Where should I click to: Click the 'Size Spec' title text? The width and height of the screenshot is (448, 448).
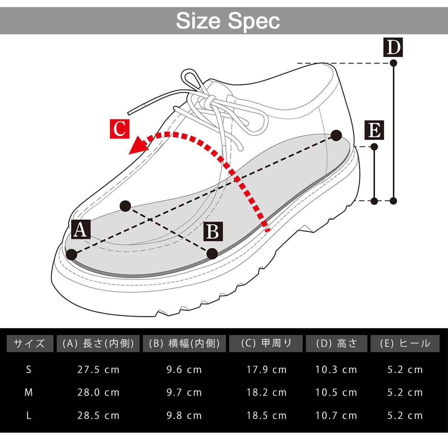click(228, 21)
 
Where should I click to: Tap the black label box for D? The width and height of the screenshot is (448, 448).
click(393, 47)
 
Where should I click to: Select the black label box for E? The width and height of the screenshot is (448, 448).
click(374, 130)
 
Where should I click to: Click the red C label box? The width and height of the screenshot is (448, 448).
click(119, 129)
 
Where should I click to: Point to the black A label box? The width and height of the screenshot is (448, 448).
click(81, 229)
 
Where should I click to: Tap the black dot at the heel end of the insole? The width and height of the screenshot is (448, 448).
click(336, 136)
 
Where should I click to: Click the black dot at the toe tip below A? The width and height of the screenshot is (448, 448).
click(71, 255)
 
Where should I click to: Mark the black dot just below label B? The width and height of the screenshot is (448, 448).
click(212, 254)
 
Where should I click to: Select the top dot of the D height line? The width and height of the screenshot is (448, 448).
click(393, 63)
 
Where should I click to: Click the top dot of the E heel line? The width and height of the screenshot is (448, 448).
click(374, 147)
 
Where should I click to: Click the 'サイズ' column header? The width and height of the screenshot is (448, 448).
click(29, 343)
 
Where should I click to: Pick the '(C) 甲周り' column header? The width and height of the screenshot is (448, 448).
click(266, 343)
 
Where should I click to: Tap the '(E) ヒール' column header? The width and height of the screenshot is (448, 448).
click(405, 343)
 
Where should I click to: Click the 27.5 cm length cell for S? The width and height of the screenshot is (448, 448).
click(98, 370)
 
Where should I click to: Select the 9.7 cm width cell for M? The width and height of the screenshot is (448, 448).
click(184, 392)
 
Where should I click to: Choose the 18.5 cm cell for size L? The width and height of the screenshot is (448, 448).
click(266, 416)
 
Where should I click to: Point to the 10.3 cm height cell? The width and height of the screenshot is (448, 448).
click(336, 370)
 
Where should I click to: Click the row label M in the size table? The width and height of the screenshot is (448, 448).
click(29, 392)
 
